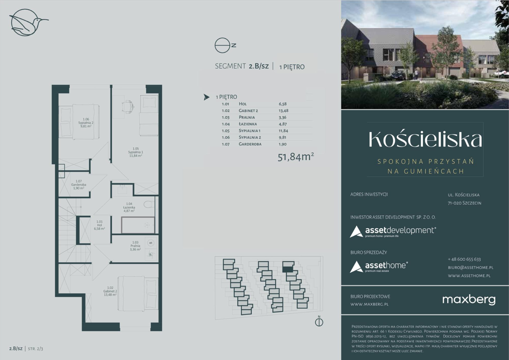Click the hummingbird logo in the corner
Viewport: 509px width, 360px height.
(28, 22)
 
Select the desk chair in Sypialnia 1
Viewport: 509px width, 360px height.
(128, 106)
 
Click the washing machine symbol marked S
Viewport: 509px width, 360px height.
(151, 243)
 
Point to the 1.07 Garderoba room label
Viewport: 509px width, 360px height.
(79, 185)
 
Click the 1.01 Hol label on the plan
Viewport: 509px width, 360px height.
(99, 225)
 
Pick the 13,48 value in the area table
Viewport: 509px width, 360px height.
(284, 111)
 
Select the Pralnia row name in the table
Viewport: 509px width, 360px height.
(247, 117)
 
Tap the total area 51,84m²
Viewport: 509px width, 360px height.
(296, 157)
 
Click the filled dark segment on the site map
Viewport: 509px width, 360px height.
(288, 269)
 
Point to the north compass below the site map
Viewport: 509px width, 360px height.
(319, 322)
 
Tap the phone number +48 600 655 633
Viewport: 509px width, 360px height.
(464, 259)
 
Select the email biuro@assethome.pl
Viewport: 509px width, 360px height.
(471, 267)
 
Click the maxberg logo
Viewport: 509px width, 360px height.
(469, 300)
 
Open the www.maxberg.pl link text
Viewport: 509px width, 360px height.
(369, 304)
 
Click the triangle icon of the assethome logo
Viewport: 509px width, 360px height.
(356, 267)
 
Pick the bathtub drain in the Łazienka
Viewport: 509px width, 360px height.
(147, 225)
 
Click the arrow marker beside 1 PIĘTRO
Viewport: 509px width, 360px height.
(206, 97)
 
